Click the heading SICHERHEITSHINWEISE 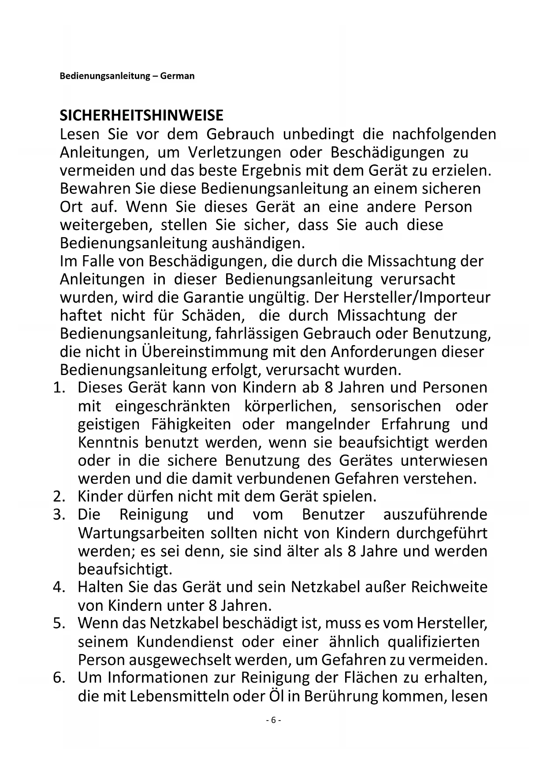point(141,115)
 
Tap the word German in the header point(177,76)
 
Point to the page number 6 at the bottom point(273,720)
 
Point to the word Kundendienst point(186,641)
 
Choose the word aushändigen point(258,243)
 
